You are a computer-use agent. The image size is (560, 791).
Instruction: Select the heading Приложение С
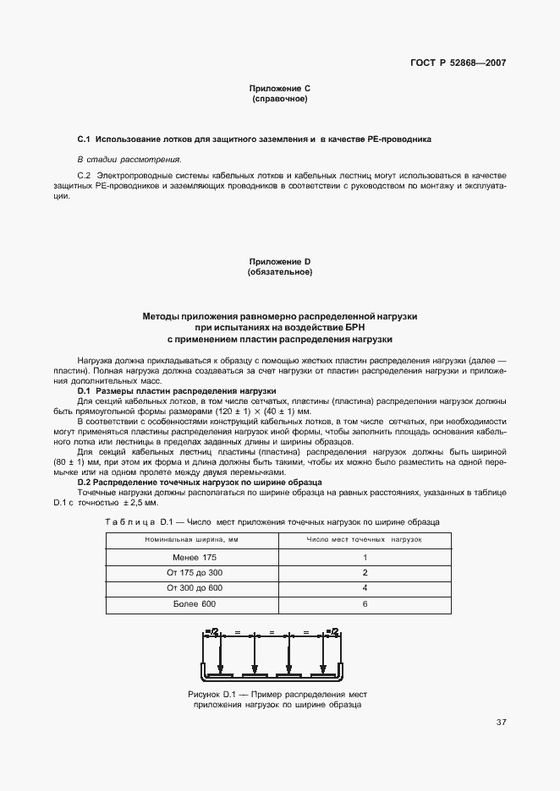point(279,89)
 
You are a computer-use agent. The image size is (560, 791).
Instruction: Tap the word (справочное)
point(279,100)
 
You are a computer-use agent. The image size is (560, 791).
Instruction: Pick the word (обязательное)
point(279,272)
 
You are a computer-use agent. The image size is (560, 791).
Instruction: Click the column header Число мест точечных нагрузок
point(364,538)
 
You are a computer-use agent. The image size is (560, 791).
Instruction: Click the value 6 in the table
point(365,603)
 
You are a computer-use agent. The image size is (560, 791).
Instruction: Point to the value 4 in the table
point(365,587)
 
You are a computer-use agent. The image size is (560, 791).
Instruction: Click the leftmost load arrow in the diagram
point(222,656)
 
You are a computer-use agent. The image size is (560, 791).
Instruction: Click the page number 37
point(501,722)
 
